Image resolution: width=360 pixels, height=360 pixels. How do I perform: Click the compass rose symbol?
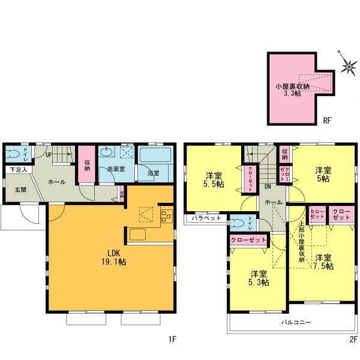point(348,67)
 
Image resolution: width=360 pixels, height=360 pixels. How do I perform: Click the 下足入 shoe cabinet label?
point(17,170)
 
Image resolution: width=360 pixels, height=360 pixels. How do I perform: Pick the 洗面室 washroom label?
point(116,169)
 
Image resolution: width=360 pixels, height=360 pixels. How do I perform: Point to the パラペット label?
point(205,219)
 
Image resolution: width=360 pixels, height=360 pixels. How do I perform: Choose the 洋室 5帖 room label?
point(322,174)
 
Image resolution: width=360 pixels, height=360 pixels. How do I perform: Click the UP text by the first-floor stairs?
point(48,155)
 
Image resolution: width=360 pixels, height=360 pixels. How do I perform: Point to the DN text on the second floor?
point(267,187)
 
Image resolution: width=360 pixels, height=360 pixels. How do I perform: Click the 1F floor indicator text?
point(172,340)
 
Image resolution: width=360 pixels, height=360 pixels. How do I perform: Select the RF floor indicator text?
point(327,120)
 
